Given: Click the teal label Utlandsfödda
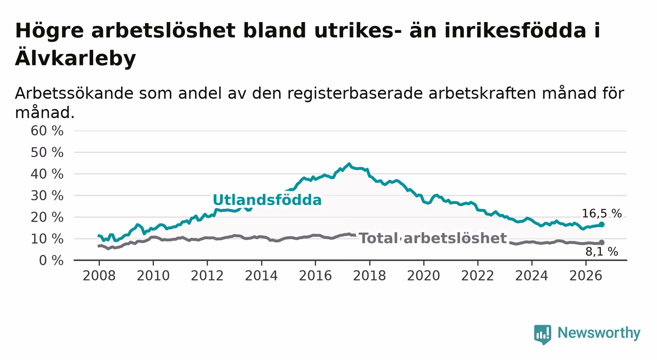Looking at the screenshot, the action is pyautogui.click(x=267, y=200).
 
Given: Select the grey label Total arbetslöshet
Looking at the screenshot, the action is pyautogui.click(x=433, y=238).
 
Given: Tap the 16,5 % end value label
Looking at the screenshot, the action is pyautogui.click(x=602, y=213).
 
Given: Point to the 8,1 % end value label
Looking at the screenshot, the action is pyautogui.click(x=602, y=252).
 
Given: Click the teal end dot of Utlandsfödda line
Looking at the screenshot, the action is pyautogui.click(x=602, y=225).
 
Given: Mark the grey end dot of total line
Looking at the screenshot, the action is pyautogui.click(x=602, y=242).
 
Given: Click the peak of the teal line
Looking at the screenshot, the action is pyautogui.click(x=349, y=164).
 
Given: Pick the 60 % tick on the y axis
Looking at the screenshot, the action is pyautogui.click(x=47, y=131).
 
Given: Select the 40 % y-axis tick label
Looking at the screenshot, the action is pyautogui.click(x=47, y=174).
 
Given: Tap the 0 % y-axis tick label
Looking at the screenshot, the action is pyautogui.click(x=51, y=260).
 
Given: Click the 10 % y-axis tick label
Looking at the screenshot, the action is pyautogui.click(x=47, y=239).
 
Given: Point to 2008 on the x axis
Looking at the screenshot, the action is pyautogui.click(x=99, y=276).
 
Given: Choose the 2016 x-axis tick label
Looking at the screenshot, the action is pyautogui.click(x=315, y=276).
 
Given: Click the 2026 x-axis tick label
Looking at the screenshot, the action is pyautogui.click(x=586, y=276).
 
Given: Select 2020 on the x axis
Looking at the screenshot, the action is pyautogui.click(x=424, y=276).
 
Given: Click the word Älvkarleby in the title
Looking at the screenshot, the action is pyautogui.click(x=76, y=57).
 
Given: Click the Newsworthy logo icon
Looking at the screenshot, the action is pyautogui.click(x=542, y=334).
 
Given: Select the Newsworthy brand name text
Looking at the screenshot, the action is pyautogui.click(x=599, y=333).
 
